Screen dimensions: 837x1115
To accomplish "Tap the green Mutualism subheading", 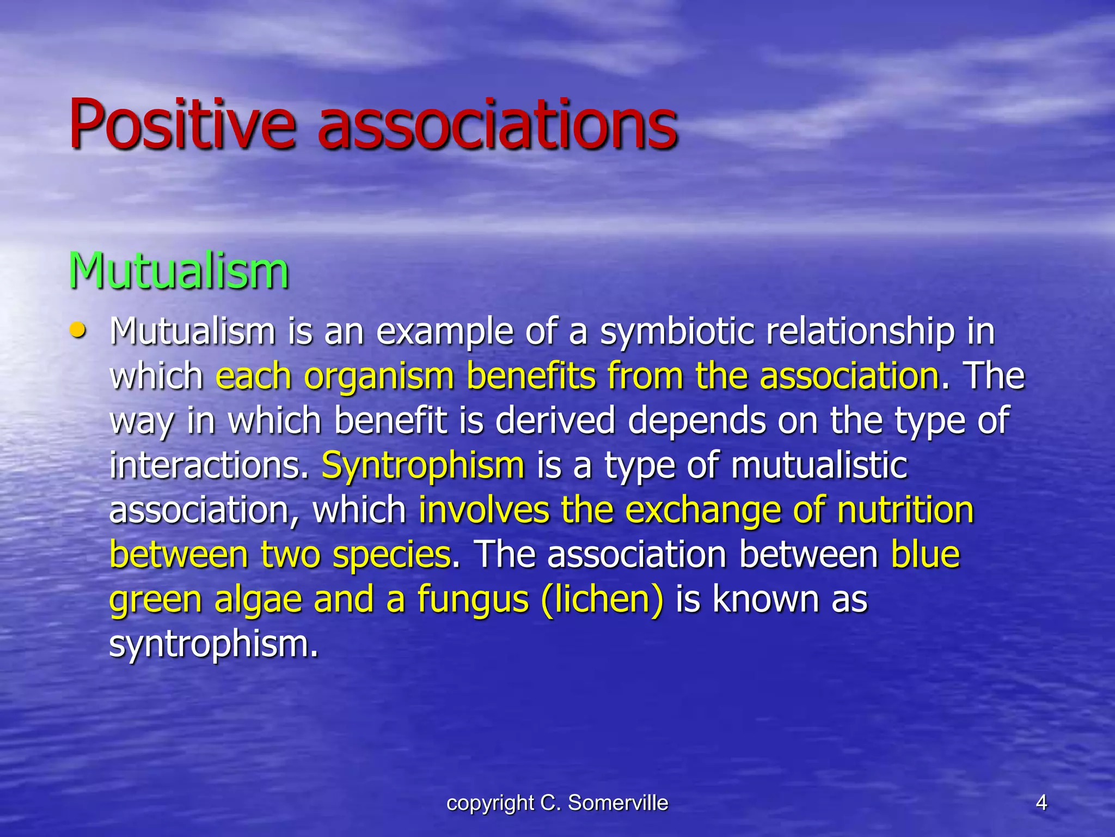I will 178,271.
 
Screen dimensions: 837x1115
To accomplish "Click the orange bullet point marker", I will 78,330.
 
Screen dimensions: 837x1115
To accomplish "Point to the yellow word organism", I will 378,377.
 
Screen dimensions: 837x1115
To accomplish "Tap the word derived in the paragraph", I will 555,421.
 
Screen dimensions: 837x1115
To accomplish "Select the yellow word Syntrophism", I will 423,466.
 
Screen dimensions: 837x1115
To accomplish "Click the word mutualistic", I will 819,465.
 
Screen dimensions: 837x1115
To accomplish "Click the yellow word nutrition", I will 905,510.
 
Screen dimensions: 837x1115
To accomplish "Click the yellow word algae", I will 258,600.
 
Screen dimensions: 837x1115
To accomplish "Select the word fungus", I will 473,600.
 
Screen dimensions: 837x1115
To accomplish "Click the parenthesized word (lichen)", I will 602,599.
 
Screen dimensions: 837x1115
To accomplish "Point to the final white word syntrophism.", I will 213,644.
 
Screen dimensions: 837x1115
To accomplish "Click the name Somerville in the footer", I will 617,803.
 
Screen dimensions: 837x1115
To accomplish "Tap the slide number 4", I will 1041,803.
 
